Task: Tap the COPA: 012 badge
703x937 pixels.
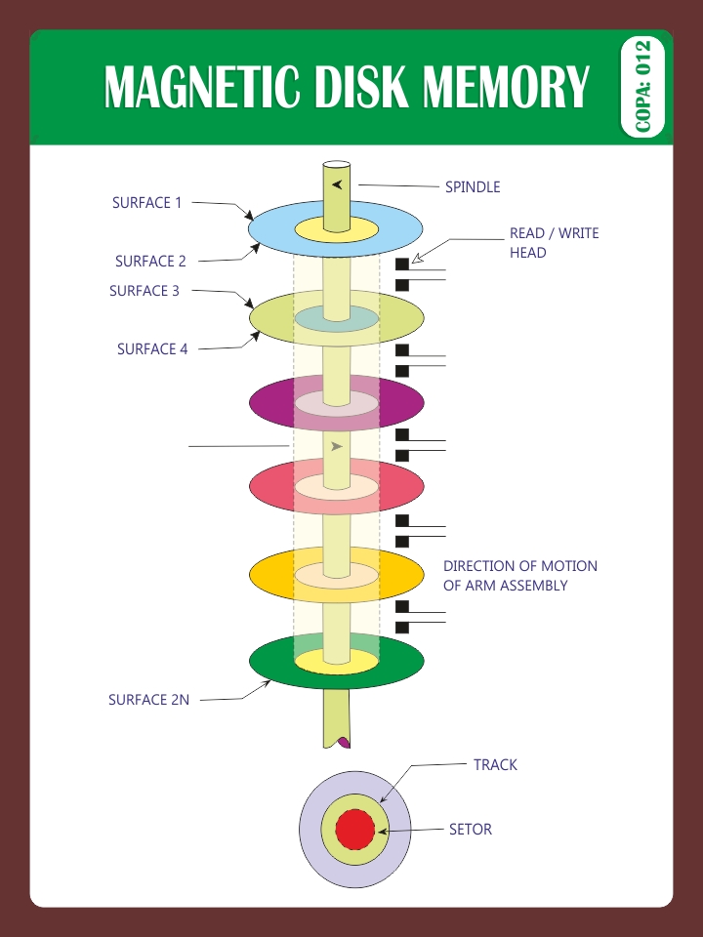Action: pos(641,87)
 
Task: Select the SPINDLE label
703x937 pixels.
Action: pos(473,186)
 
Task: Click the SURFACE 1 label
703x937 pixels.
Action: pos(147,203)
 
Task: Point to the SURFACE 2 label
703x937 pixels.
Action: pos(150,262)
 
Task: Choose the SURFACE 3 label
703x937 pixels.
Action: pos(145,291)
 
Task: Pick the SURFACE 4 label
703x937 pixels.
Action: pos(152,348)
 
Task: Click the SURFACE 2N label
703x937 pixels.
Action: pos(148,700)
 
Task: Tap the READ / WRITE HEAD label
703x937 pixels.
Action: pos(554,243)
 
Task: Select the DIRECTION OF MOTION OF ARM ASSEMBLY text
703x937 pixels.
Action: pos(519,576)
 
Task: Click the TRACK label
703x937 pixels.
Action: pos(495,765)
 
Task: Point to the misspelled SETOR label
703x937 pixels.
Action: pos(470,830)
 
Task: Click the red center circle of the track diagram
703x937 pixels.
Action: pos(355,830)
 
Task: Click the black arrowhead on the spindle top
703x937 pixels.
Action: pos(337,184)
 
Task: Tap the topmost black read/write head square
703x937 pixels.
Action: pos(401,265)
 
